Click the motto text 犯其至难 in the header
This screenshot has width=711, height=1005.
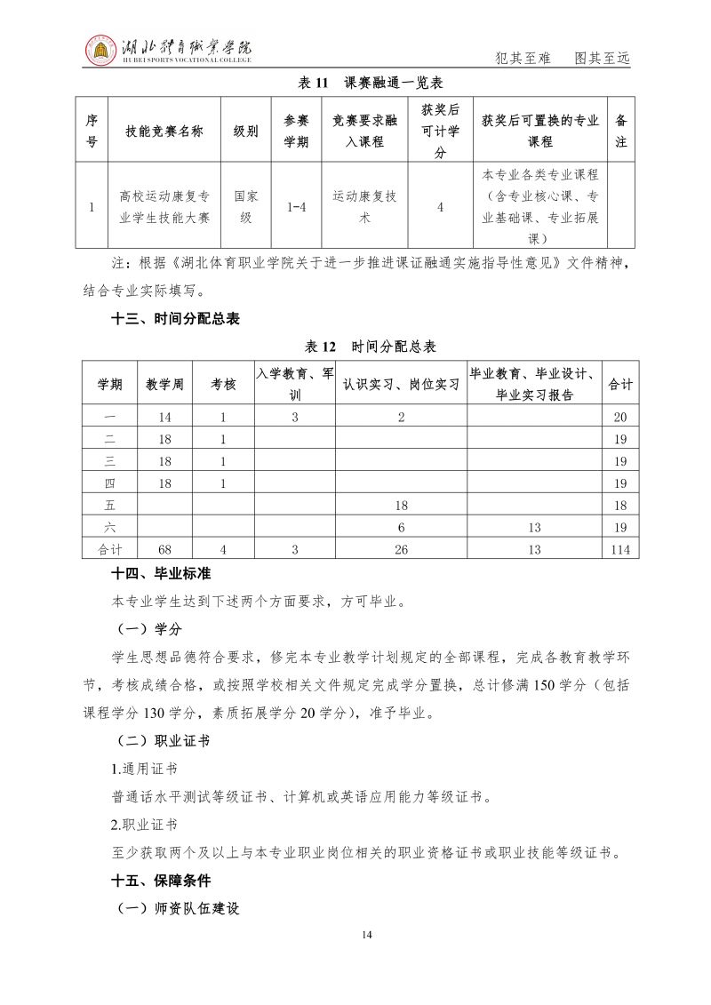(523, 59)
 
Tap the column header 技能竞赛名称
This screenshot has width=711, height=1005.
(165, 131)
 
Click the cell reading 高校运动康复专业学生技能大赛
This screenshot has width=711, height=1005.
(165, 207)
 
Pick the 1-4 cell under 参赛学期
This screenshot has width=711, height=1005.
(296, 207)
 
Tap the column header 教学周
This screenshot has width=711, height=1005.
(165, 384)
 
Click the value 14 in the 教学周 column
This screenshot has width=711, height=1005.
(165, 417)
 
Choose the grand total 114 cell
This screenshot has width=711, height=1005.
(620, 550)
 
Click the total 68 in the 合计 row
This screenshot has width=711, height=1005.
(165, 550)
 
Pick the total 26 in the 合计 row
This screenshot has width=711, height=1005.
(401, 550)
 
